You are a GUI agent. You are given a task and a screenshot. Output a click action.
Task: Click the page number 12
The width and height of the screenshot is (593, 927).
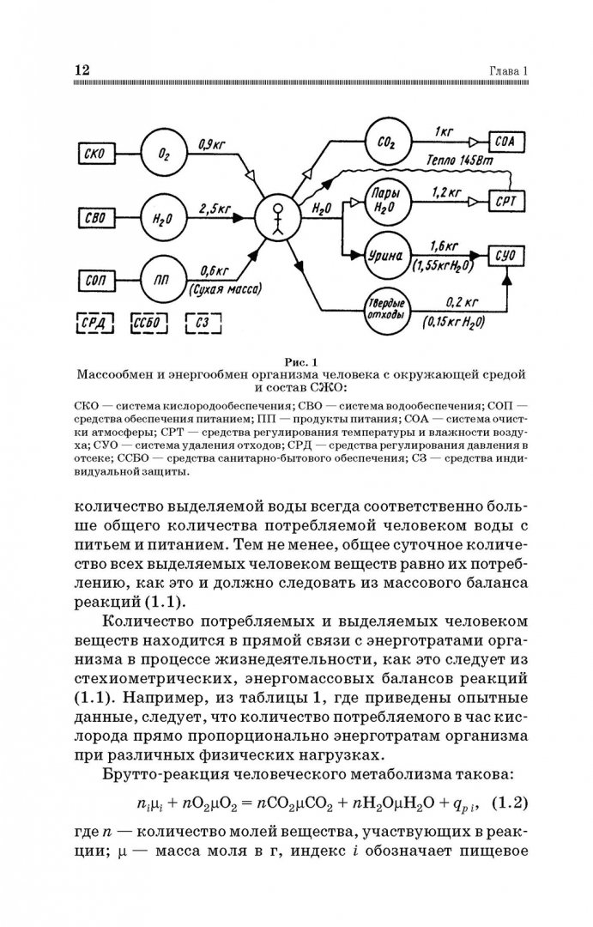(82, 69)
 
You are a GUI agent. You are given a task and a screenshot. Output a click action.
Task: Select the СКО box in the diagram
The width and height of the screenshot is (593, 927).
(95, 154)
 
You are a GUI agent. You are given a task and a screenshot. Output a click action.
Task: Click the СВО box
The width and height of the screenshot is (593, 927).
(95, 217)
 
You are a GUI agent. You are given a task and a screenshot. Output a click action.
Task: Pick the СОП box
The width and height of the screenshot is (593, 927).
(95, 280)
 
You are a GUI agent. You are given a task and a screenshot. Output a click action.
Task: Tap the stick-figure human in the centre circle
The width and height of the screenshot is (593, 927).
(278, 218)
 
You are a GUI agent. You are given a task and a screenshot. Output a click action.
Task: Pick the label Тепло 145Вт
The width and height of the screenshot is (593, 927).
(464, 161)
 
